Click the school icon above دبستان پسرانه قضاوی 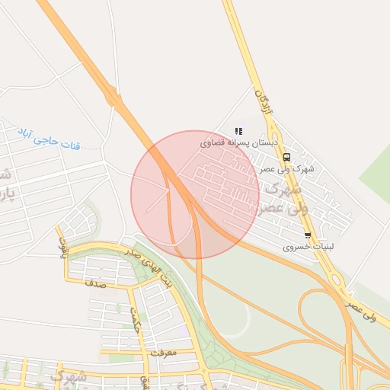(238, 131)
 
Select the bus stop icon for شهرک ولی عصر (286, 158)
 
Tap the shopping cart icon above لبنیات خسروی (308, 235)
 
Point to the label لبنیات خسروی (308, 246)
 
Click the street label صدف (95, 283)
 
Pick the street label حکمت (135, 317)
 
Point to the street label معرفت (163, 353)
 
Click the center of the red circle (195, 195)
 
